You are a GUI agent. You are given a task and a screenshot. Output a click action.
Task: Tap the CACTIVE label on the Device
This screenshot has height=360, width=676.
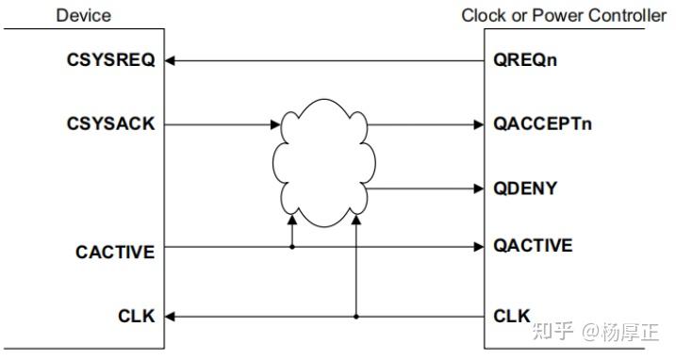pyautogui.click(x=115, y=252)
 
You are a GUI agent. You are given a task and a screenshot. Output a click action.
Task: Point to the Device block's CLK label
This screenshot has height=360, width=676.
pyautogui.click(x=137, y=317)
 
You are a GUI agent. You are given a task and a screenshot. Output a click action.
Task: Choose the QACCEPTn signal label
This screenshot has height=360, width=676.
pyautogui.click(x=543, y=123)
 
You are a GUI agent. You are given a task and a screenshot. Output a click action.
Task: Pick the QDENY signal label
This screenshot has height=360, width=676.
pyautogui.click(x=525, y=188)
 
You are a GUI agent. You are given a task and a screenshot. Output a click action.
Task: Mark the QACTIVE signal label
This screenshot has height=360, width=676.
pyautogui.click(x=533, y=246)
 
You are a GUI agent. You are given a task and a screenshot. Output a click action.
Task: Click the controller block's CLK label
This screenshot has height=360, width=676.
pyautogui.click(x=512, y=317)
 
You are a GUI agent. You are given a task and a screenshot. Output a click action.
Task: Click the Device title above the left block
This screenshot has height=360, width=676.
pyautogui.click(x=83, y=15)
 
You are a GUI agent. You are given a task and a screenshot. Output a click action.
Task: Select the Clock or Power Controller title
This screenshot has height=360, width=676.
pyautogui.click(x=563, y=15)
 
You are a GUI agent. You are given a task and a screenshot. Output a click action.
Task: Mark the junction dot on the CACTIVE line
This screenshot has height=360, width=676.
pyautogui.click(x=292, y=247)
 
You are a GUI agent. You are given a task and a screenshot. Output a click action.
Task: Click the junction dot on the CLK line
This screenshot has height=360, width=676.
pyautogui.click(x=355, y=317)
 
